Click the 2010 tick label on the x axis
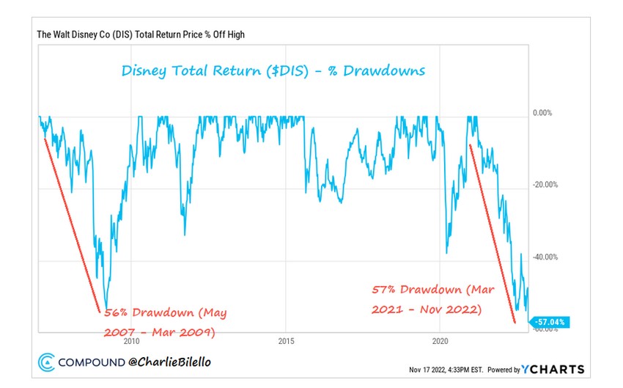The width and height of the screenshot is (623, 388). pos(132,341)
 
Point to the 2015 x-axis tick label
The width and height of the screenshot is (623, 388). pos(287,341)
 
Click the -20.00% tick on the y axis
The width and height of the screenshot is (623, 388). pos(545,185)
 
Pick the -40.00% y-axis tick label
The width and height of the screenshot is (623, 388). pos(545,257)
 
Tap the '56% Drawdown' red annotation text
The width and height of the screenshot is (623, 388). pos(162,313)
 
